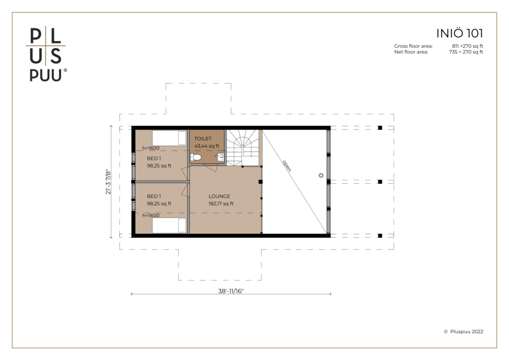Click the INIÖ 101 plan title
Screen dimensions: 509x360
pos(459,33)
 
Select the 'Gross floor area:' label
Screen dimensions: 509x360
pos(413,46)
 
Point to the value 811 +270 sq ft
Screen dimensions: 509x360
pos(467,46)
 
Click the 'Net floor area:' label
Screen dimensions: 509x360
pos(411,52)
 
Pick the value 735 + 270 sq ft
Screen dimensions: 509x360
pos(466,52)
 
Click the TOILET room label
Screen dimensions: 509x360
pos(203,139)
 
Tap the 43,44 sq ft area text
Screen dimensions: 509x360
pos(206,146)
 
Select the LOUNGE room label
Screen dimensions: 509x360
pos(219,196)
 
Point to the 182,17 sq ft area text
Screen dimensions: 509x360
pos(221,204)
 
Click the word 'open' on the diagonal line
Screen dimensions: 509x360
pos(287,166)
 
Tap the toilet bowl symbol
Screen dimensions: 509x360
pos(196,158)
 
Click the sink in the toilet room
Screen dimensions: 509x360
pos(221,158)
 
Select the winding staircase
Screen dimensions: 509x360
pos(243,148)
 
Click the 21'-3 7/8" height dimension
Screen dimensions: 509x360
pos(108,182)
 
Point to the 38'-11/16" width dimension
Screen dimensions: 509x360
pos(231,291)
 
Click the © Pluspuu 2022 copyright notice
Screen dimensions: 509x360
pos(463,332)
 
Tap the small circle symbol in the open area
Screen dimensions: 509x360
pos(321,176)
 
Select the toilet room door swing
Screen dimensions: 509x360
pos(211,168)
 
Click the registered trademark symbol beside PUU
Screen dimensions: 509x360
pos(65,70)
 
